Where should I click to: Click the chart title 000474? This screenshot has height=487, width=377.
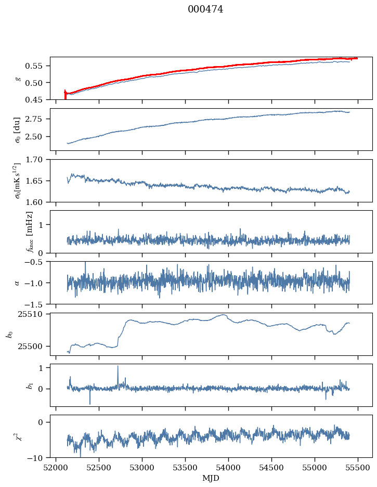(205, 9)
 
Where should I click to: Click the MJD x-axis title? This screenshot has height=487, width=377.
(211, 478)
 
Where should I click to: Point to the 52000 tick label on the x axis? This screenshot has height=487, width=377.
(56, 468)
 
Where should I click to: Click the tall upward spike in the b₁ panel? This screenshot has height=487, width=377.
(118, 367)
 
